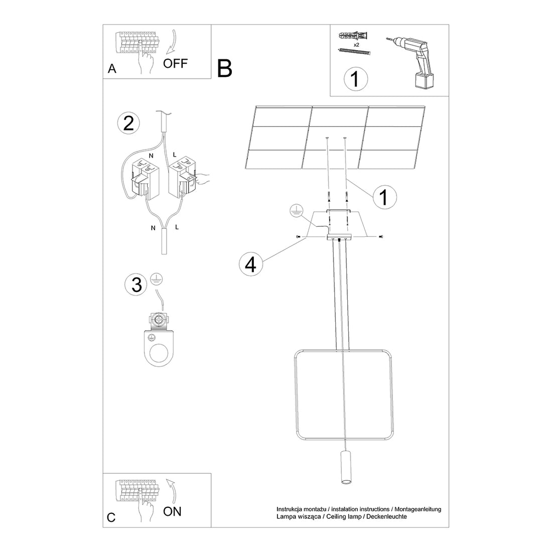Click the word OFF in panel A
pos(175,64)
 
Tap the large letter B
pos(225,68)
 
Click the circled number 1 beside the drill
pos(355,79)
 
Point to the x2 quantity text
pos(356,45)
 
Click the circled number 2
pos(128,123)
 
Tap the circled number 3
pos(136,284)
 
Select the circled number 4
pos(251,264)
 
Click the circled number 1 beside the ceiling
pos(384,197)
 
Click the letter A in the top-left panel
pos(112,69)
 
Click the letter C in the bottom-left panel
pos(111,517)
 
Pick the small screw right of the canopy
pos(381,236)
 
